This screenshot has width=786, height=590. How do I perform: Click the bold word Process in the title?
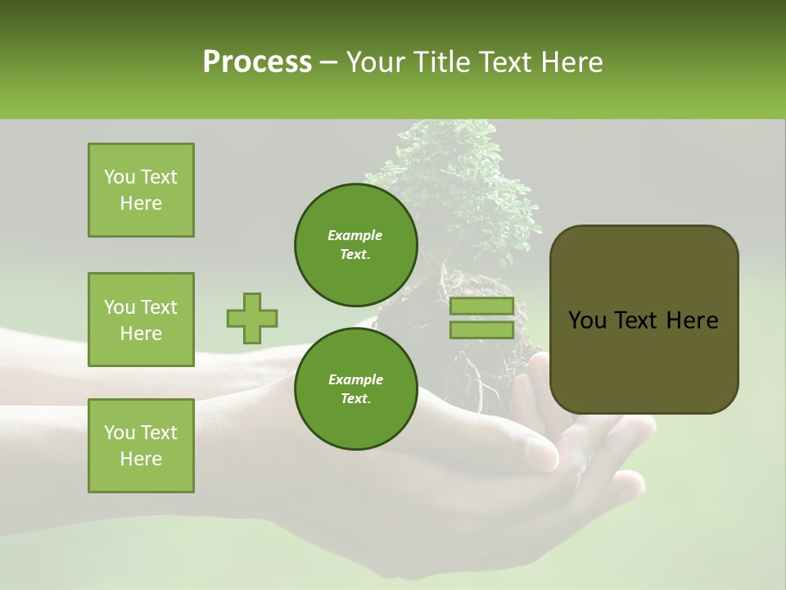(x=257, y=62)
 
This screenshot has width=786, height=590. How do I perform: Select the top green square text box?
(x=141, y=190)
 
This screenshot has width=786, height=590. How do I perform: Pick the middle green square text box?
(x=141, y=320)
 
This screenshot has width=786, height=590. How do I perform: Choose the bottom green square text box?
(x=141, y=445)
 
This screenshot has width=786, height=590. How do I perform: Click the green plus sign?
(x=252, y=318)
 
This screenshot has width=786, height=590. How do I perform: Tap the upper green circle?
(x=355, y=244)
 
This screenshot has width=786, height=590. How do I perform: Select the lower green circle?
(x=355, y=388)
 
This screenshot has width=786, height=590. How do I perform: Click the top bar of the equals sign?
(x=482, y=306)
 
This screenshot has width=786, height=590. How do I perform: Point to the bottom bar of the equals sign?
(x=482, y=329)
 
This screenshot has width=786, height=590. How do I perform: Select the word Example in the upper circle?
(x=355, y=235)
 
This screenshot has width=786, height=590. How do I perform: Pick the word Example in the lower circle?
(x=355, y=379)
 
